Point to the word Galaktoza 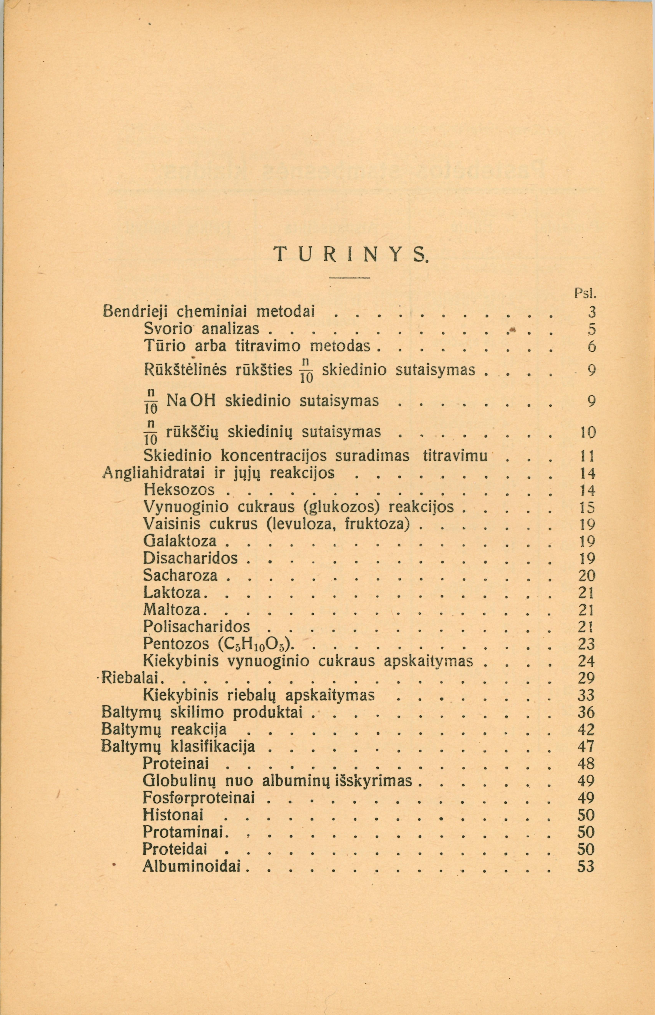(180, 541)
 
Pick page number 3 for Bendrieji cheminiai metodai (590, 312)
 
